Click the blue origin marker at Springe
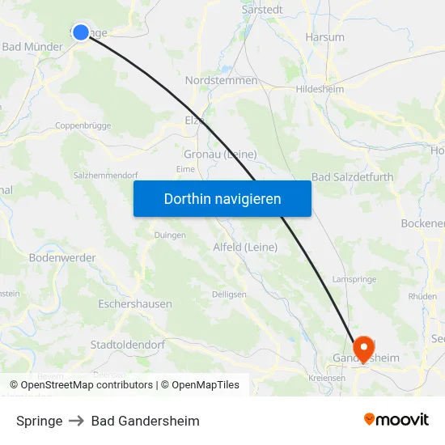(80, 32)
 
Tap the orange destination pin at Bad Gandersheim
(364, 348)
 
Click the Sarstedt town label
(262, 11)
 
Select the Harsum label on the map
(324, 37)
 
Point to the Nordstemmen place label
(221, 80)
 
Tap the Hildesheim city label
(320, 89)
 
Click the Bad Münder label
(32, 47)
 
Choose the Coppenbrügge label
(83, 125)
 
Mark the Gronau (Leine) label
(221, 155)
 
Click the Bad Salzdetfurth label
(352, 177)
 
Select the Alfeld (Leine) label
(245, 247)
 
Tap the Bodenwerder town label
(62, 258)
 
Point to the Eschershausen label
(134, 304)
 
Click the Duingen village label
(170, 235)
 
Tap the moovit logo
(396, 420)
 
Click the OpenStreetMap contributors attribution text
(86, 385)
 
